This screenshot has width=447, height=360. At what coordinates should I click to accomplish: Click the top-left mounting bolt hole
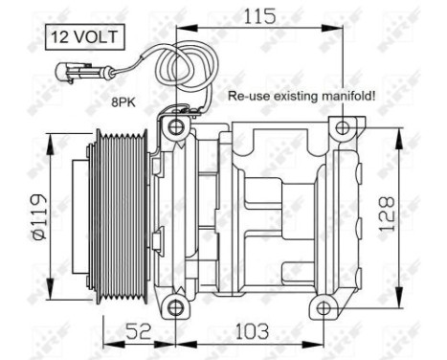click(x=174, y=127)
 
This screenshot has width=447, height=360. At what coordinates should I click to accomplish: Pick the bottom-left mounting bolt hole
click(x=174, y=306)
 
